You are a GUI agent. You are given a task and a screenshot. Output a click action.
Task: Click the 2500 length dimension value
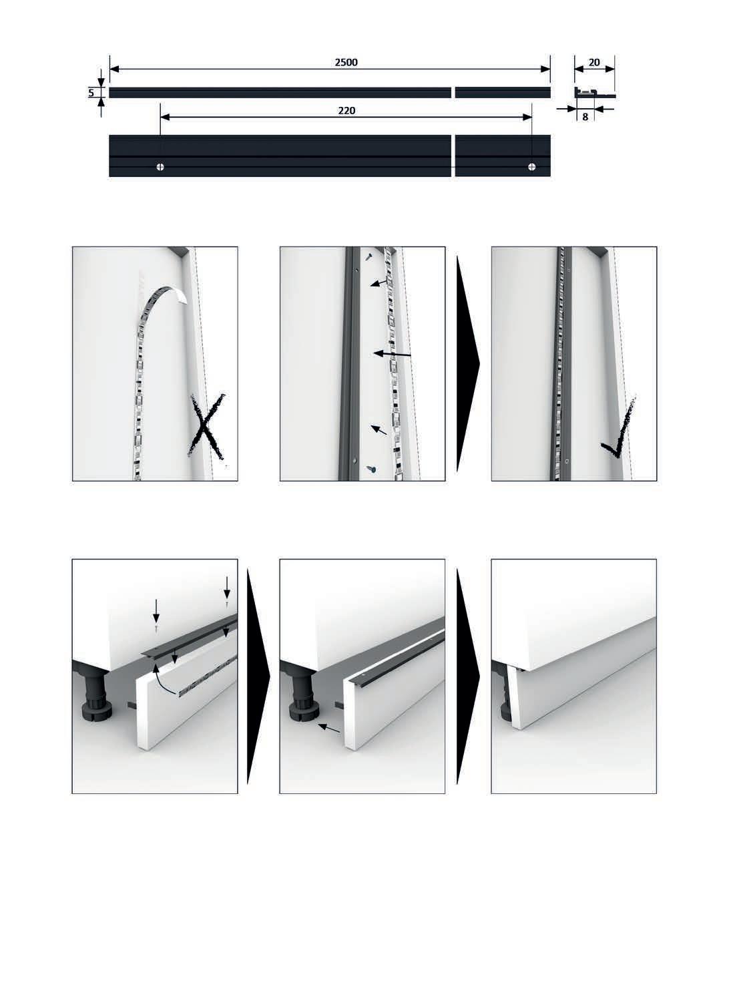[346, 63]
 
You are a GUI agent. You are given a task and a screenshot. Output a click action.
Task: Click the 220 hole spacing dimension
[346, 111]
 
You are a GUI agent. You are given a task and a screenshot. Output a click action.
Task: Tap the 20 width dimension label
[594, 63]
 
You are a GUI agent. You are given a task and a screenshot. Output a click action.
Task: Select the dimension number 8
[585, 118]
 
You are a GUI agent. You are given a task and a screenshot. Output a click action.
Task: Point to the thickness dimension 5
[91, 93]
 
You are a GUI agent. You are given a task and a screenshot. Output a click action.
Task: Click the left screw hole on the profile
[160, 167]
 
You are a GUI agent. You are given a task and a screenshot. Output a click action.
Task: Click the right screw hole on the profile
[531, 167]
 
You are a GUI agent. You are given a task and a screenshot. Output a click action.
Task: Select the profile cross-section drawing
[595, 92]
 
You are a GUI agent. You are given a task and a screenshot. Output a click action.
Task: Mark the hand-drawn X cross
[206, 427]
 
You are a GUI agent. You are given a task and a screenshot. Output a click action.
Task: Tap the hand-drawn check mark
[619, 428]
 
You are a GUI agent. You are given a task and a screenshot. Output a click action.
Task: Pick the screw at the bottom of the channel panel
[371, 469]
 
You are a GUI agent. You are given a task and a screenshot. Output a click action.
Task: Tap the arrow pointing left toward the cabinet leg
[329, 728]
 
